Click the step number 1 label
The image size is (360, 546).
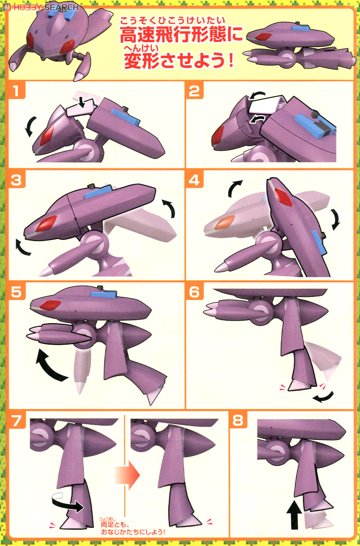tap(18, 92)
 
